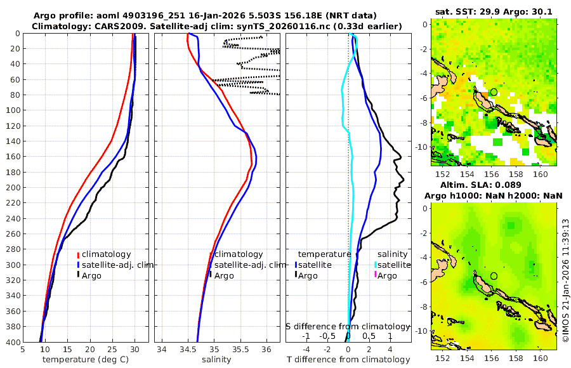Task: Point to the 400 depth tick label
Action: (x=13, y=342)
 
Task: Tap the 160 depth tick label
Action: (x=13, y=157)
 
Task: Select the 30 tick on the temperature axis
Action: (x=135, y=349)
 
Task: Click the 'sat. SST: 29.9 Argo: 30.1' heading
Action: (x=494, y=11)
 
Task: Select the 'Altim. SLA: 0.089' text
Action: (x=494, y=185)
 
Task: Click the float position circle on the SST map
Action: (x=494, y=92)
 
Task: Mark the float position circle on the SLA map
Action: (x=494, y=276)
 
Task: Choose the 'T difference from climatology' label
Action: (x=348, y=360)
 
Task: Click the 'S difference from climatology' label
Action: (x=348, y=326)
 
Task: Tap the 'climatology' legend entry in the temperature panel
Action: (x=106, y=254)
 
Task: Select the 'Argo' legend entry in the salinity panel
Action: (x=224, y=275)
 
